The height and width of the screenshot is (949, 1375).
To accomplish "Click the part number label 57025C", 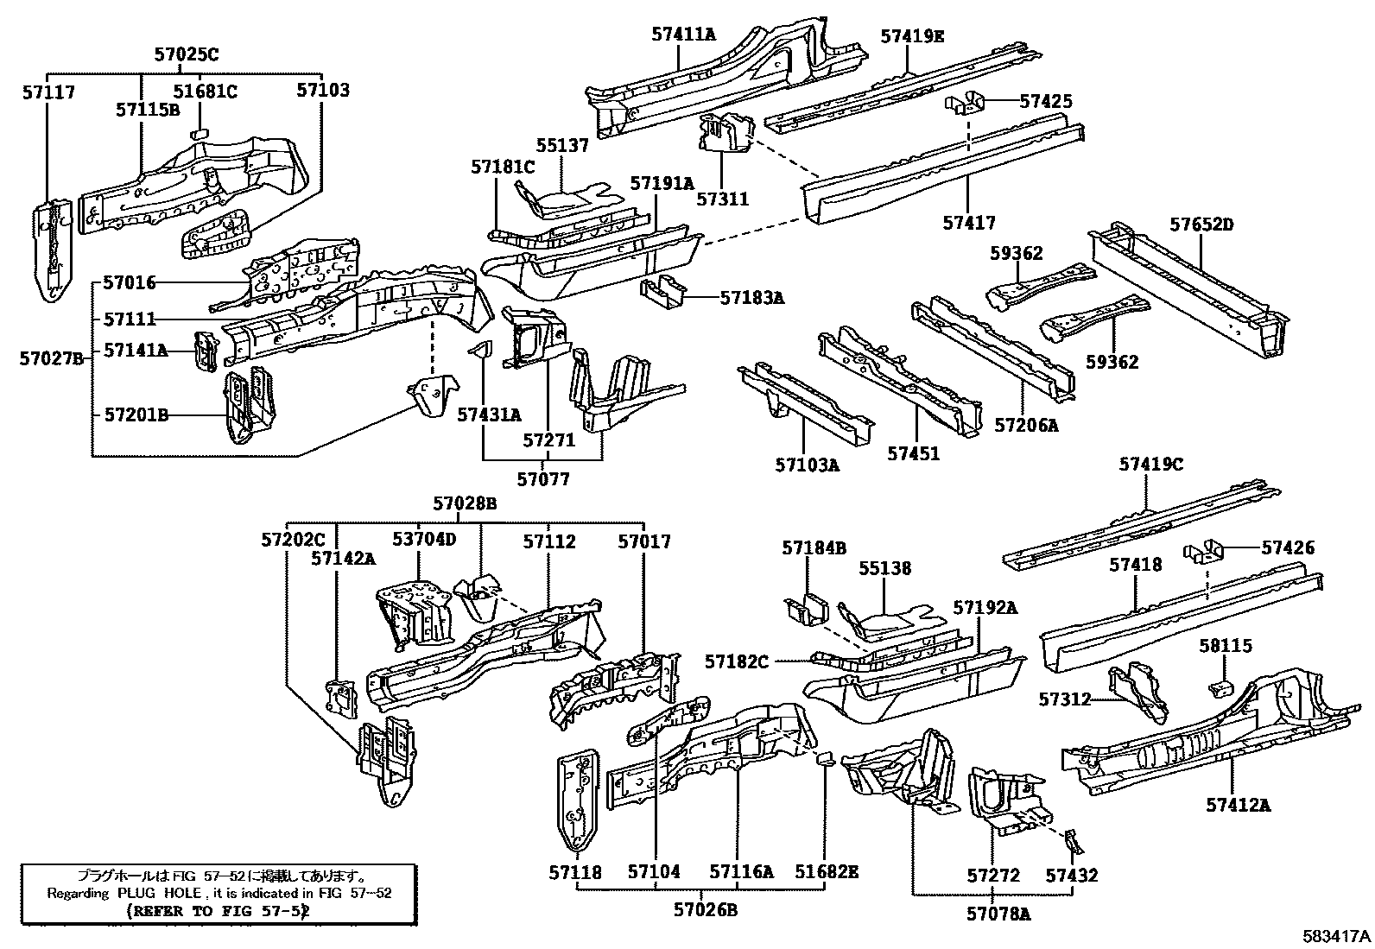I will point(187,54).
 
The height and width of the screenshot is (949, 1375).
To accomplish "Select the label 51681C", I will point(205,91).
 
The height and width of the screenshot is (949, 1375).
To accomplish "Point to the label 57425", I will point(1045,101).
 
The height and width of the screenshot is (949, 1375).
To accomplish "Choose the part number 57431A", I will point(489,415).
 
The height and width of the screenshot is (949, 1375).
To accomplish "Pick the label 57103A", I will point(807,466).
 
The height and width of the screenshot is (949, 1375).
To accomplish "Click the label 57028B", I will point(465,503).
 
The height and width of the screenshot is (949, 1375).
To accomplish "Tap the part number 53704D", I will point(423,541).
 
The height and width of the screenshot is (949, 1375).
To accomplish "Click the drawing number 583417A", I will point(1337,935).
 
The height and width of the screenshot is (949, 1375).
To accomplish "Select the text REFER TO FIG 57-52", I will point(218,910).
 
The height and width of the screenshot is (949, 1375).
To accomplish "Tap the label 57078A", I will point(998,912).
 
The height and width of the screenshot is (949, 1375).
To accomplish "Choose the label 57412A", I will point(1239,806).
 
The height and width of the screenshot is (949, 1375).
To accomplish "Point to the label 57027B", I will point(51,357).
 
